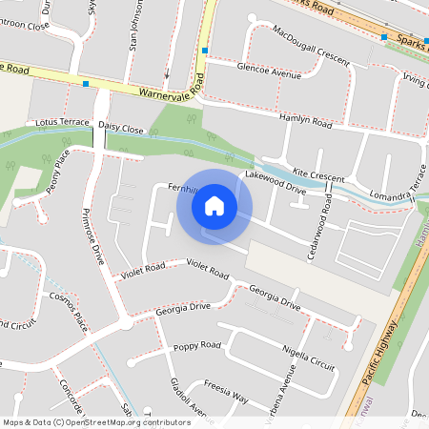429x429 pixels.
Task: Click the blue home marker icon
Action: tap(214, 206)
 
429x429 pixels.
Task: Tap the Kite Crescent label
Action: tap(318, 176)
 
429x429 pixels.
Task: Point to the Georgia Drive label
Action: tap(183, 308)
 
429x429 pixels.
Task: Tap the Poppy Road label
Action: tap(198, 345)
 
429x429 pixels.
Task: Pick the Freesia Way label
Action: tap(225, 394)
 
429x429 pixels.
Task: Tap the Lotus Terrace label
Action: tap(61, 124)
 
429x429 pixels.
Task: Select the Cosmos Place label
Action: tap(67, 311)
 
